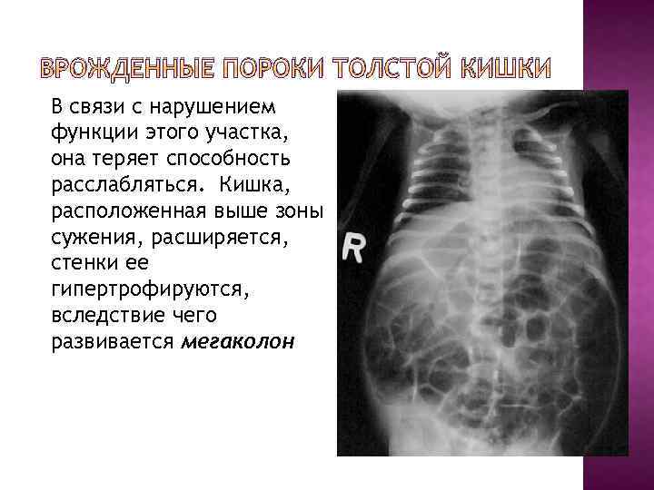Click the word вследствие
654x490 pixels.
coord(104,318)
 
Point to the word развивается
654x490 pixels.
coord(114,344)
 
